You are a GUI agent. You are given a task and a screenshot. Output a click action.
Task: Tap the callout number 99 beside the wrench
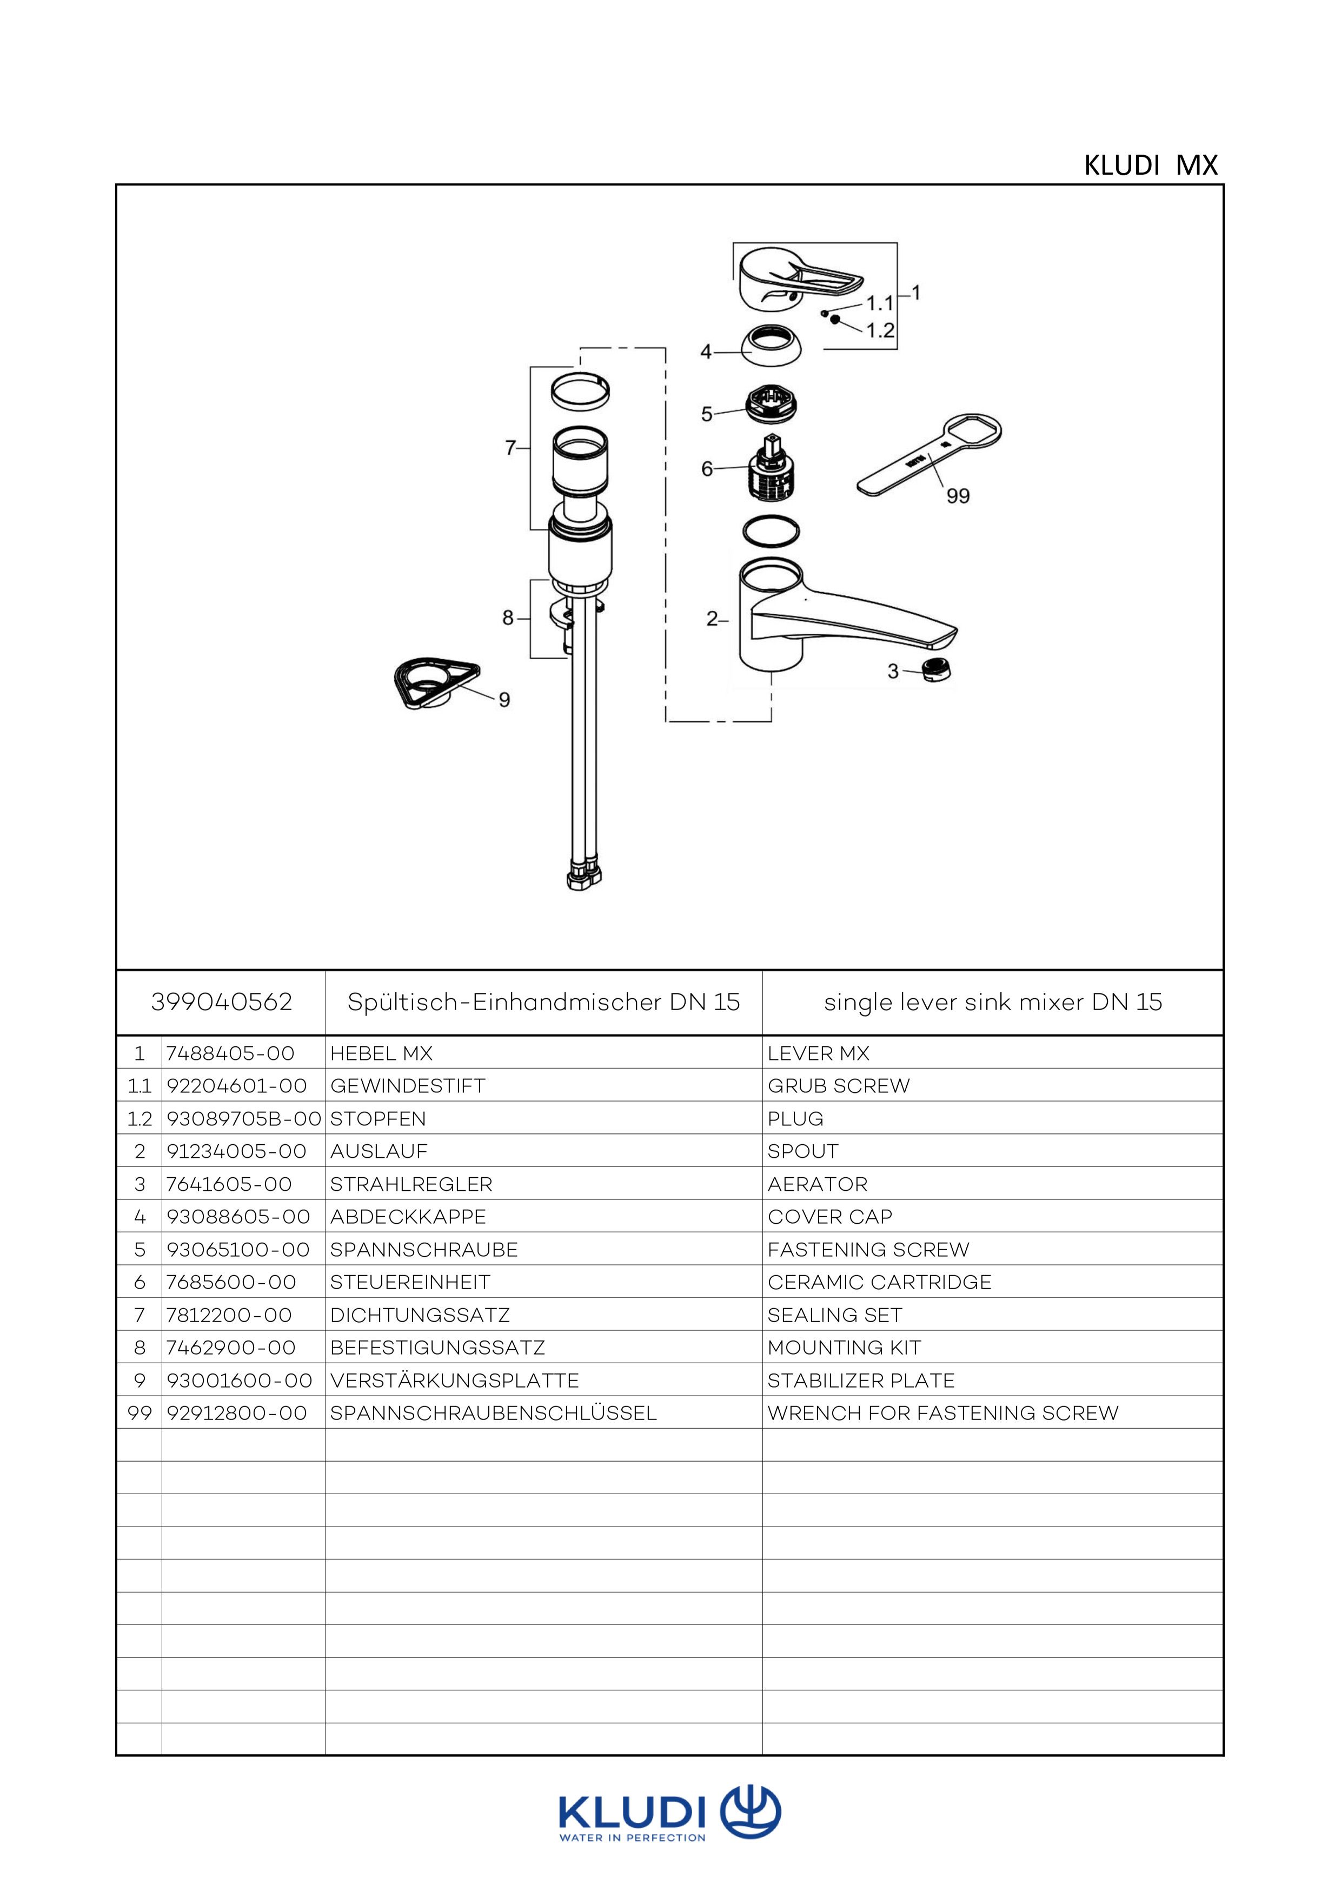pos(958,496)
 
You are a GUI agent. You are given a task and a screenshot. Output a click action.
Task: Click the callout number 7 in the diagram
pos(510,448)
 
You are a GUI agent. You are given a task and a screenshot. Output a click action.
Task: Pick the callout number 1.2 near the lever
pos(880,330)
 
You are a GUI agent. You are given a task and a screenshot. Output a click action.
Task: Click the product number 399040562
pos(222,1002)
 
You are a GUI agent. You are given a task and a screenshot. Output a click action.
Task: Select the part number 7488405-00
pos(230,1053)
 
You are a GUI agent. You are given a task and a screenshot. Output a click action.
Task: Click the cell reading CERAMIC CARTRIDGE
pos(879,1282)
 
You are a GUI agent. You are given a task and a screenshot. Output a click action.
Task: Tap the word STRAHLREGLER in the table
pos(410,1184)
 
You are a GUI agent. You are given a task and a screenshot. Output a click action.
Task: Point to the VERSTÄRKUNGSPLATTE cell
pos(454,1381)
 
